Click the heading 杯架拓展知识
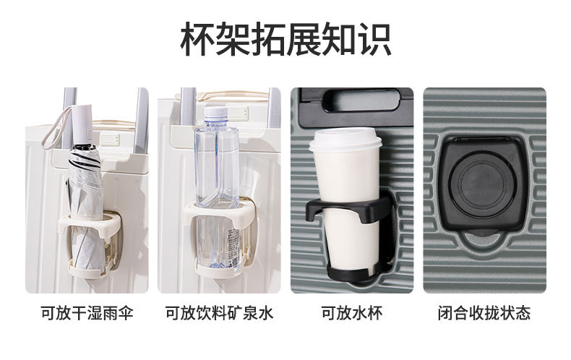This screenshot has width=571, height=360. [286, 39]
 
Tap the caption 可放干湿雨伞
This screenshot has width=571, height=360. [87, 313]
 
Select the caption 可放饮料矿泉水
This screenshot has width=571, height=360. [219, 313]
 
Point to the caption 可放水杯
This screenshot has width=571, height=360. [352, 313]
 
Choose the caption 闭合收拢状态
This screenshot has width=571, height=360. [484, 313]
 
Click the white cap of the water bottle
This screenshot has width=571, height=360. [216, 112]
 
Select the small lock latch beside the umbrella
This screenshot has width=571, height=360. [110, 140]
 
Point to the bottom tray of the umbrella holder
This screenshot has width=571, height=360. [87, 272]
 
